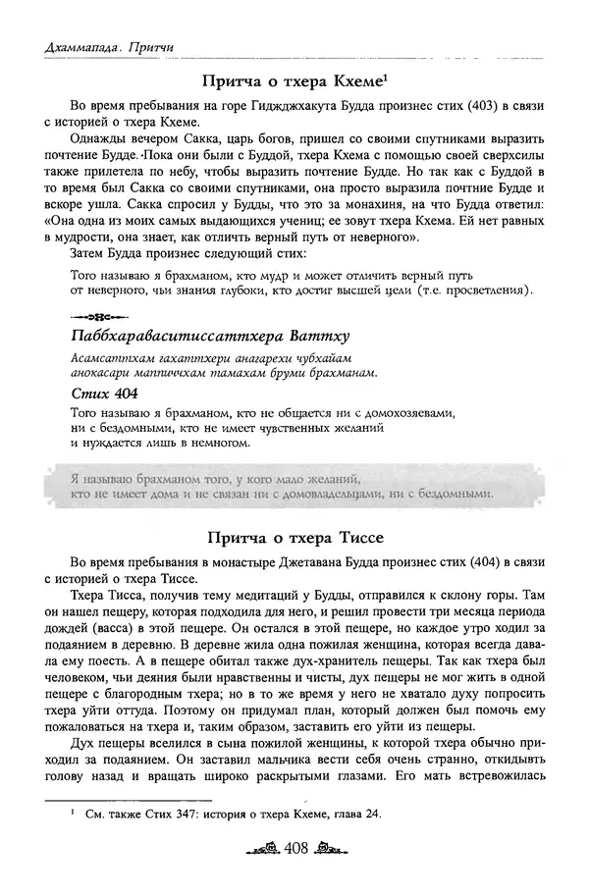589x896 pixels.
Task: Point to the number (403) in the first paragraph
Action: pyautogui.click(x=413, y=106)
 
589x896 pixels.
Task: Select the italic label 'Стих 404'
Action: pyautogui.click(x=101, y=393)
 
